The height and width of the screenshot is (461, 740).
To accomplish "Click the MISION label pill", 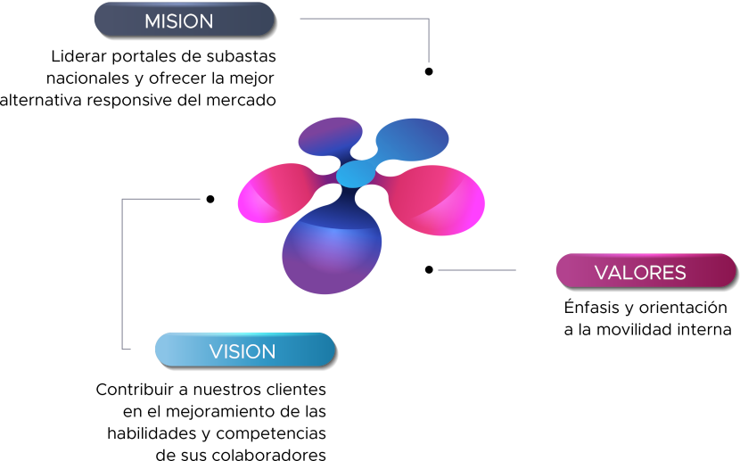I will pos(184,20).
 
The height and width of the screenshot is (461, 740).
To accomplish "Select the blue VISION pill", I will pos(244,350).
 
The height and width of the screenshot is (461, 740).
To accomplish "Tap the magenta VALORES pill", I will pos(645,271).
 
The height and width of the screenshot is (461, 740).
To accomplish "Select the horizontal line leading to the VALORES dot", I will pos(477,270).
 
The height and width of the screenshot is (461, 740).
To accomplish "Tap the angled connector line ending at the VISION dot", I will pos(122,268).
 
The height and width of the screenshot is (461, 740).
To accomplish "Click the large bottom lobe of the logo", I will pos(332,254).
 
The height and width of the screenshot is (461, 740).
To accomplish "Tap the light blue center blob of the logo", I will pos(358,173).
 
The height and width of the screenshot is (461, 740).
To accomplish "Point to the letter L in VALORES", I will pos(628,273).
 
